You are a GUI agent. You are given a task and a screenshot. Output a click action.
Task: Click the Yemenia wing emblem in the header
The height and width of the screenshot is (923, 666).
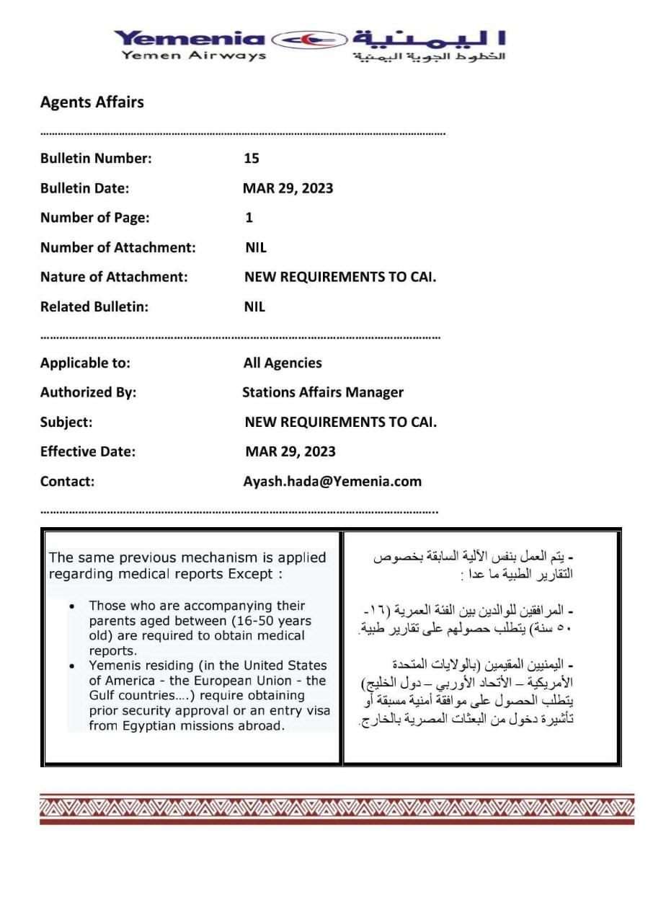tap(309, 38)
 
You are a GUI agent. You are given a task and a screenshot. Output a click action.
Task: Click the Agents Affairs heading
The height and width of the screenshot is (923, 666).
tap(92, 102)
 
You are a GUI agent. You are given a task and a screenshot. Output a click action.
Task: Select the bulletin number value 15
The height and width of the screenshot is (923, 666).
tap(252, 159)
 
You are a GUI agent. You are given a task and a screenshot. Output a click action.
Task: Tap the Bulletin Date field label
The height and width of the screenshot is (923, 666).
tap(84, 188)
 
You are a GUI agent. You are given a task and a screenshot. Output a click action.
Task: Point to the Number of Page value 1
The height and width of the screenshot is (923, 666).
tap(249, 218)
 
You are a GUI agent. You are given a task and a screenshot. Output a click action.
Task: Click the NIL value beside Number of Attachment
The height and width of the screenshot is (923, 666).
tap(255, 247)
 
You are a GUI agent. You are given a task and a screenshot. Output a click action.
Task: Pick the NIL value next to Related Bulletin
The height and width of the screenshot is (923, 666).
tap(254, 306)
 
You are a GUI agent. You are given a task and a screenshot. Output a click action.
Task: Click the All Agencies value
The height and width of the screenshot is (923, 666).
tap(283, 363)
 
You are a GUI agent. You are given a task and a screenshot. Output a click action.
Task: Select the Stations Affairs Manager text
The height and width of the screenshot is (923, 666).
tap(323, 392)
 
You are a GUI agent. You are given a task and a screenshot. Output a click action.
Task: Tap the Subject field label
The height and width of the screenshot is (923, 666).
tap(66, 423)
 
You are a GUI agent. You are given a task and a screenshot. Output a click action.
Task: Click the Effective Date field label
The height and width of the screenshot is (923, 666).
tap(87, 452)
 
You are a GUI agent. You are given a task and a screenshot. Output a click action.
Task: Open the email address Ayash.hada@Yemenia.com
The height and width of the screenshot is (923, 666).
tap(332, 482)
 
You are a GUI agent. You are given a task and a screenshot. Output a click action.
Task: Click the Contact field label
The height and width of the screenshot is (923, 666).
tap(67, 482)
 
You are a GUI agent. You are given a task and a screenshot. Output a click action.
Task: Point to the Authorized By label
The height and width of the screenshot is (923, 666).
tap(88, 392)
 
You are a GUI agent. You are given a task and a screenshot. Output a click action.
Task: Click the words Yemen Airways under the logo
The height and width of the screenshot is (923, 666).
tap(194, 56)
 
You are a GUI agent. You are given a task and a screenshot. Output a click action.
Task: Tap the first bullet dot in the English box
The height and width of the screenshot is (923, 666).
tap(72, 606)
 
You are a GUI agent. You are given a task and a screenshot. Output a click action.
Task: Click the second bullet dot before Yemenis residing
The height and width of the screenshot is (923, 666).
tap(72, 666)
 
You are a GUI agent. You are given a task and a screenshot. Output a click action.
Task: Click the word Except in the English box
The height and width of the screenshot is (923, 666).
tap(249, 574)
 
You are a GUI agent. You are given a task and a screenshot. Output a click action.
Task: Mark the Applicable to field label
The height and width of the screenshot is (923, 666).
tap(85, 363)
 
